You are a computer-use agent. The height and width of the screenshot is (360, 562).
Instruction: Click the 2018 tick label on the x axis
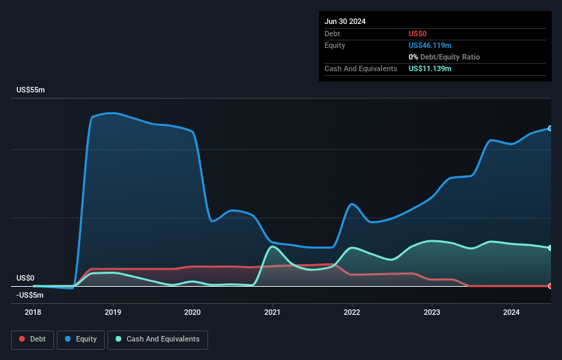pos(33,312)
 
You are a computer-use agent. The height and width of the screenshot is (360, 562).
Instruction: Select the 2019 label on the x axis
pos(113,312)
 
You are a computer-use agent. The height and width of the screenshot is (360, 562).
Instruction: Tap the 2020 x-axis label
pos(192,312)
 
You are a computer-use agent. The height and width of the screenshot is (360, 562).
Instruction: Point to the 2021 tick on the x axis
pos(272,312)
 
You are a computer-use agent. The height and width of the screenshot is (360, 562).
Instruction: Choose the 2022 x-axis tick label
pos(353,312)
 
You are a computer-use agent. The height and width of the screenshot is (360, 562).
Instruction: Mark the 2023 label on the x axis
pos(432,312)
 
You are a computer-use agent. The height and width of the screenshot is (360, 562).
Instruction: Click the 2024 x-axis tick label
pos(512,312)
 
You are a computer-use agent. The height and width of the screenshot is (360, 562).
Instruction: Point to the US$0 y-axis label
pos(25,278)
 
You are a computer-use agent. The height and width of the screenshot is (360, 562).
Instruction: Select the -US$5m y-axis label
pos(29,295)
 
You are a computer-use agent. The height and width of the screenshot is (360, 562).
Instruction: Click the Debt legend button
pos(32,339)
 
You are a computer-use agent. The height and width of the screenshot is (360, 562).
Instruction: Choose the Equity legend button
pos(80,339)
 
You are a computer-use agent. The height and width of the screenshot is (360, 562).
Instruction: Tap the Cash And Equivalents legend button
pos(157,339)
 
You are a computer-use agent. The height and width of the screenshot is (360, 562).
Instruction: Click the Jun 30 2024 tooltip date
pos(345,21)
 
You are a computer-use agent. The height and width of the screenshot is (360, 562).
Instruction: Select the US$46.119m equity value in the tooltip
pos(430,45)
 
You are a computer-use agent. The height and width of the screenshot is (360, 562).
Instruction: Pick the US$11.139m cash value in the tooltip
pos(430,68)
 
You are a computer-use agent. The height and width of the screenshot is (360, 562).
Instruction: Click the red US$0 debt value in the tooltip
pos(418,34)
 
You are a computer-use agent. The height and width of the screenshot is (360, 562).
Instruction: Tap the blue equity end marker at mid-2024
pos(550,129)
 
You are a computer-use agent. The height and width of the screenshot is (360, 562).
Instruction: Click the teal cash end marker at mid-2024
pos(550,248)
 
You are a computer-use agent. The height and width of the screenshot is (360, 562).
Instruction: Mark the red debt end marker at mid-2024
pos(550,286)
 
